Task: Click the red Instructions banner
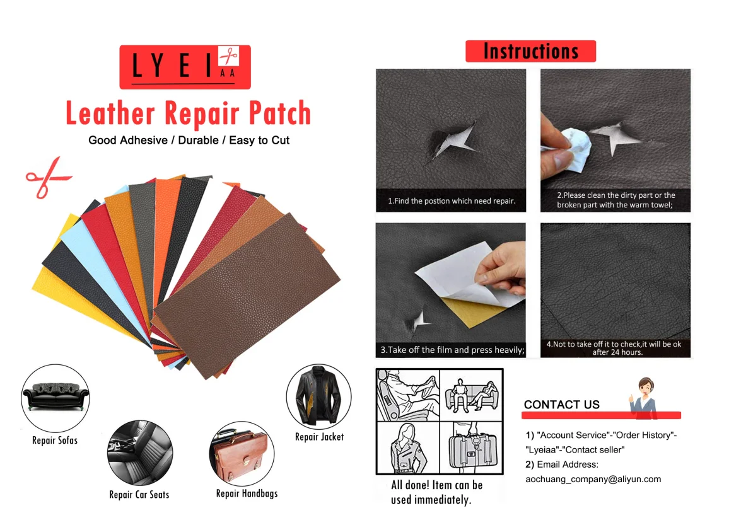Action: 530,51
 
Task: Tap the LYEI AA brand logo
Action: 185,67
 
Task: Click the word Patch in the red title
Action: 280,113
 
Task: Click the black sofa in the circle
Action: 55,395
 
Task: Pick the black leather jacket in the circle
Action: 318,396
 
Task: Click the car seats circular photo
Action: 140,453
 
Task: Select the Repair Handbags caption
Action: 247,494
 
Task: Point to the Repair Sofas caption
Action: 55,441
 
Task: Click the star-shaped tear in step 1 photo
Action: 452,141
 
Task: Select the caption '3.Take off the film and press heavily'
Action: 452,350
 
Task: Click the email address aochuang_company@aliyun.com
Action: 593,479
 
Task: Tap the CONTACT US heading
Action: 561,405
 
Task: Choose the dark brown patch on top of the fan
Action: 247,296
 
